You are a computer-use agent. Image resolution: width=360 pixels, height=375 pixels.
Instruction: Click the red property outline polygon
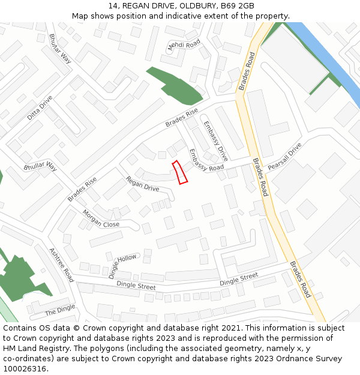[180, 172]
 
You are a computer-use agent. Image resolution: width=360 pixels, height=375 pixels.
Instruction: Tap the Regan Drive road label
[142, 184]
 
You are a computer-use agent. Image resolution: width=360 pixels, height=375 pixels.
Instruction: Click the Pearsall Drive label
[284, 157]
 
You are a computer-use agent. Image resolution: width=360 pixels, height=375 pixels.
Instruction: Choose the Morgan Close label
[101, 219]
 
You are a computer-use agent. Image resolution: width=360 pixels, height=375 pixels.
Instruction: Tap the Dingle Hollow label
[122, 266]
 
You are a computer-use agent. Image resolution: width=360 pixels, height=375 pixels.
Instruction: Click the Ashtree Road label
[61, 265]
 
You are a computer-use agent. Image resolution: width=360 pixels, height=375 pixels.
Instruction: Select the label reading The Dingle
[60, 310]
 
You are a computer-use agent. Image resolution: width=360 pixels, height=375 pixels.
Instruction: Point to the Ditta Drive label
[40, 107]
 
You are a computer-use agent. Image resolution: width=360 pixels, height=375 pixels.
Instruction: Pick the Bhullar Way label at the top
[60, 49]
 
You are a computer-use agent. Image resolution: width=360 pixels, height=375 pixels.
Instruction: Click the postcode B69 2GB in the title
[237, 6]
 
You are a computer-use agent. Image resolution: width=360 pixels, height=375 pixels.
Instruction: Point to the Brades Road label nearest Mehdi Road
[247, 71]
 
